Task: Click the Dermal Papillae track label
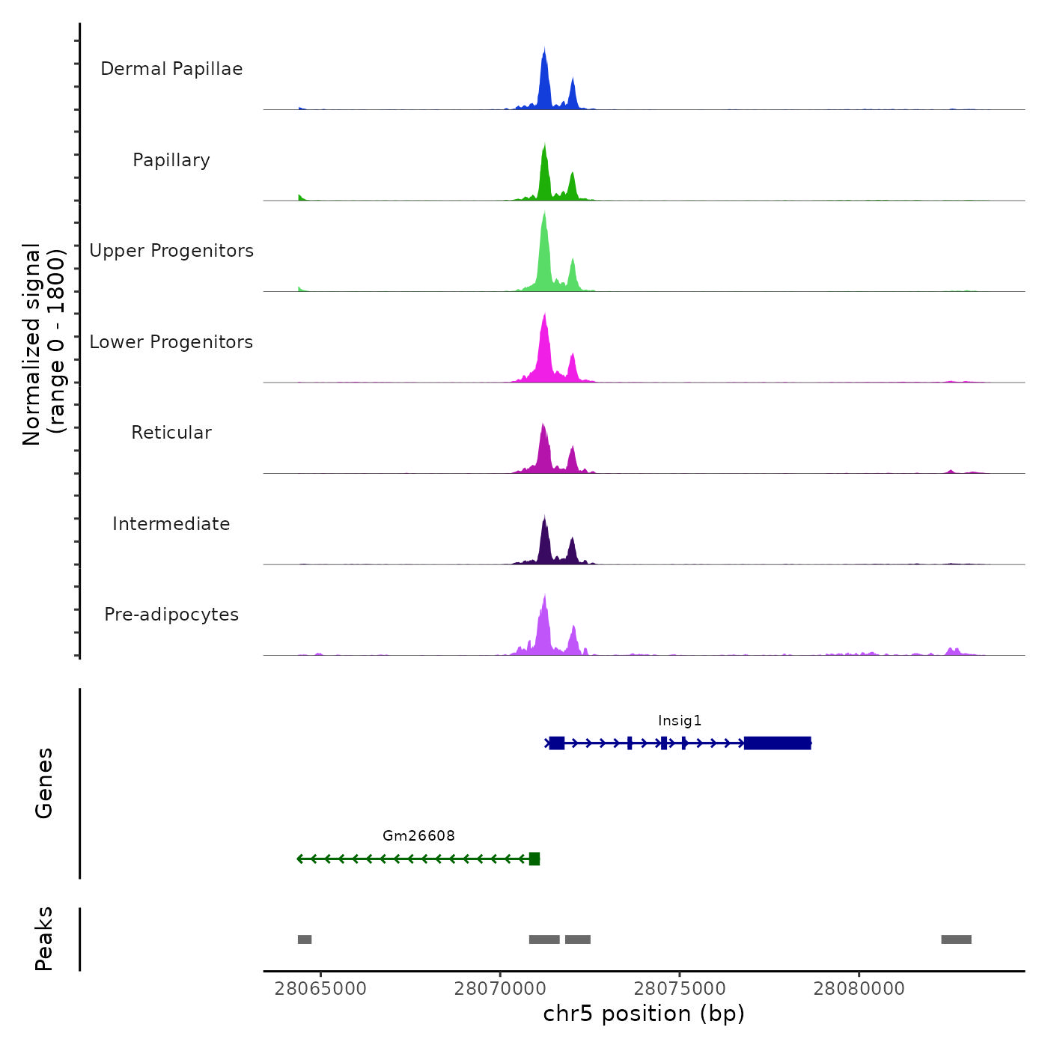(x=171, y=69)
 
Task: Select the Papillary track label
(x=171, y=160)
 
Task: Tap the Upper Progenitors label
(x=171, y=251)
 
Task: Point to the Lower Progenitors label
(x=171, y=342)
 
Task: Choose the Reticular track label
(x=171, y=433)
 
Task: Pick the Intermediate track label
(x=171, y=524)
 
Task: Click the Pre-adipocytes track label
(x=171, y=615)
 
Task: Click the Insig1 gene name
(x=680, y=721)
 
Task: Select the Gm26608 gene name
(x=418, y=836)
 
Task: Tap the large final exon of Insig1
(x=778, y=743)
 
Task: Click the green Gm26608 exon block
(x=534, y=859)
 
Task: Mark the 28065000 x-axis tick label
(x=320, y=989)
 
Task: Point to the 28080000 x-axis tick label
(x=859, y=989)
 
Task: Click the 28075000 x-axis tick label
(x=680, y=989)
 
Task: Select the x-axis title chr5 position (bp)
(x=644, y=1014)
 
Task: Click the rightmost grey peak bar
(x=956, y=939)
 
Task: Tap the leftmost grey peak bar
(x=305, y=939)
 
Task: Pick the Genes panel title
(x=44, y=783)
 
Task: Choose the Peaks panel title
(x=44, y=939)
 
